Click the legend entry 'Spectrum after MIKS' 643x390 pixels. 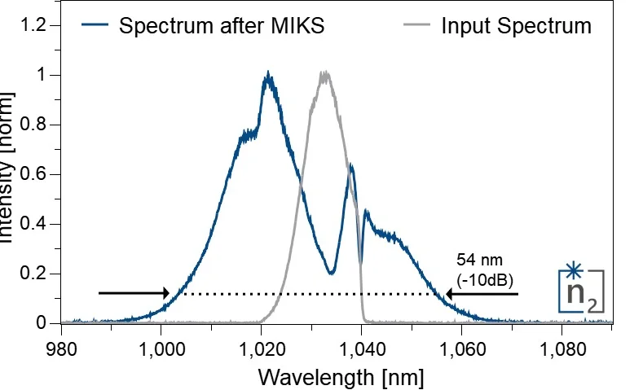(222, 25)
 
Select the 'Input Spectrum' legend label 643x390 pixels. (516, 25)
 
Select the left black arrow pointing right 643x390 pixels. (134, 293)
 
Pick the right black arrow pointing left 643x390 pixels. (481, 293)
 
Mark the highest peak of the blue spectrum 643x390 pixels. (267, 75)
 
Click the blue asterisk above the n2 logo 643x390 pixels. (575, 269)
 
